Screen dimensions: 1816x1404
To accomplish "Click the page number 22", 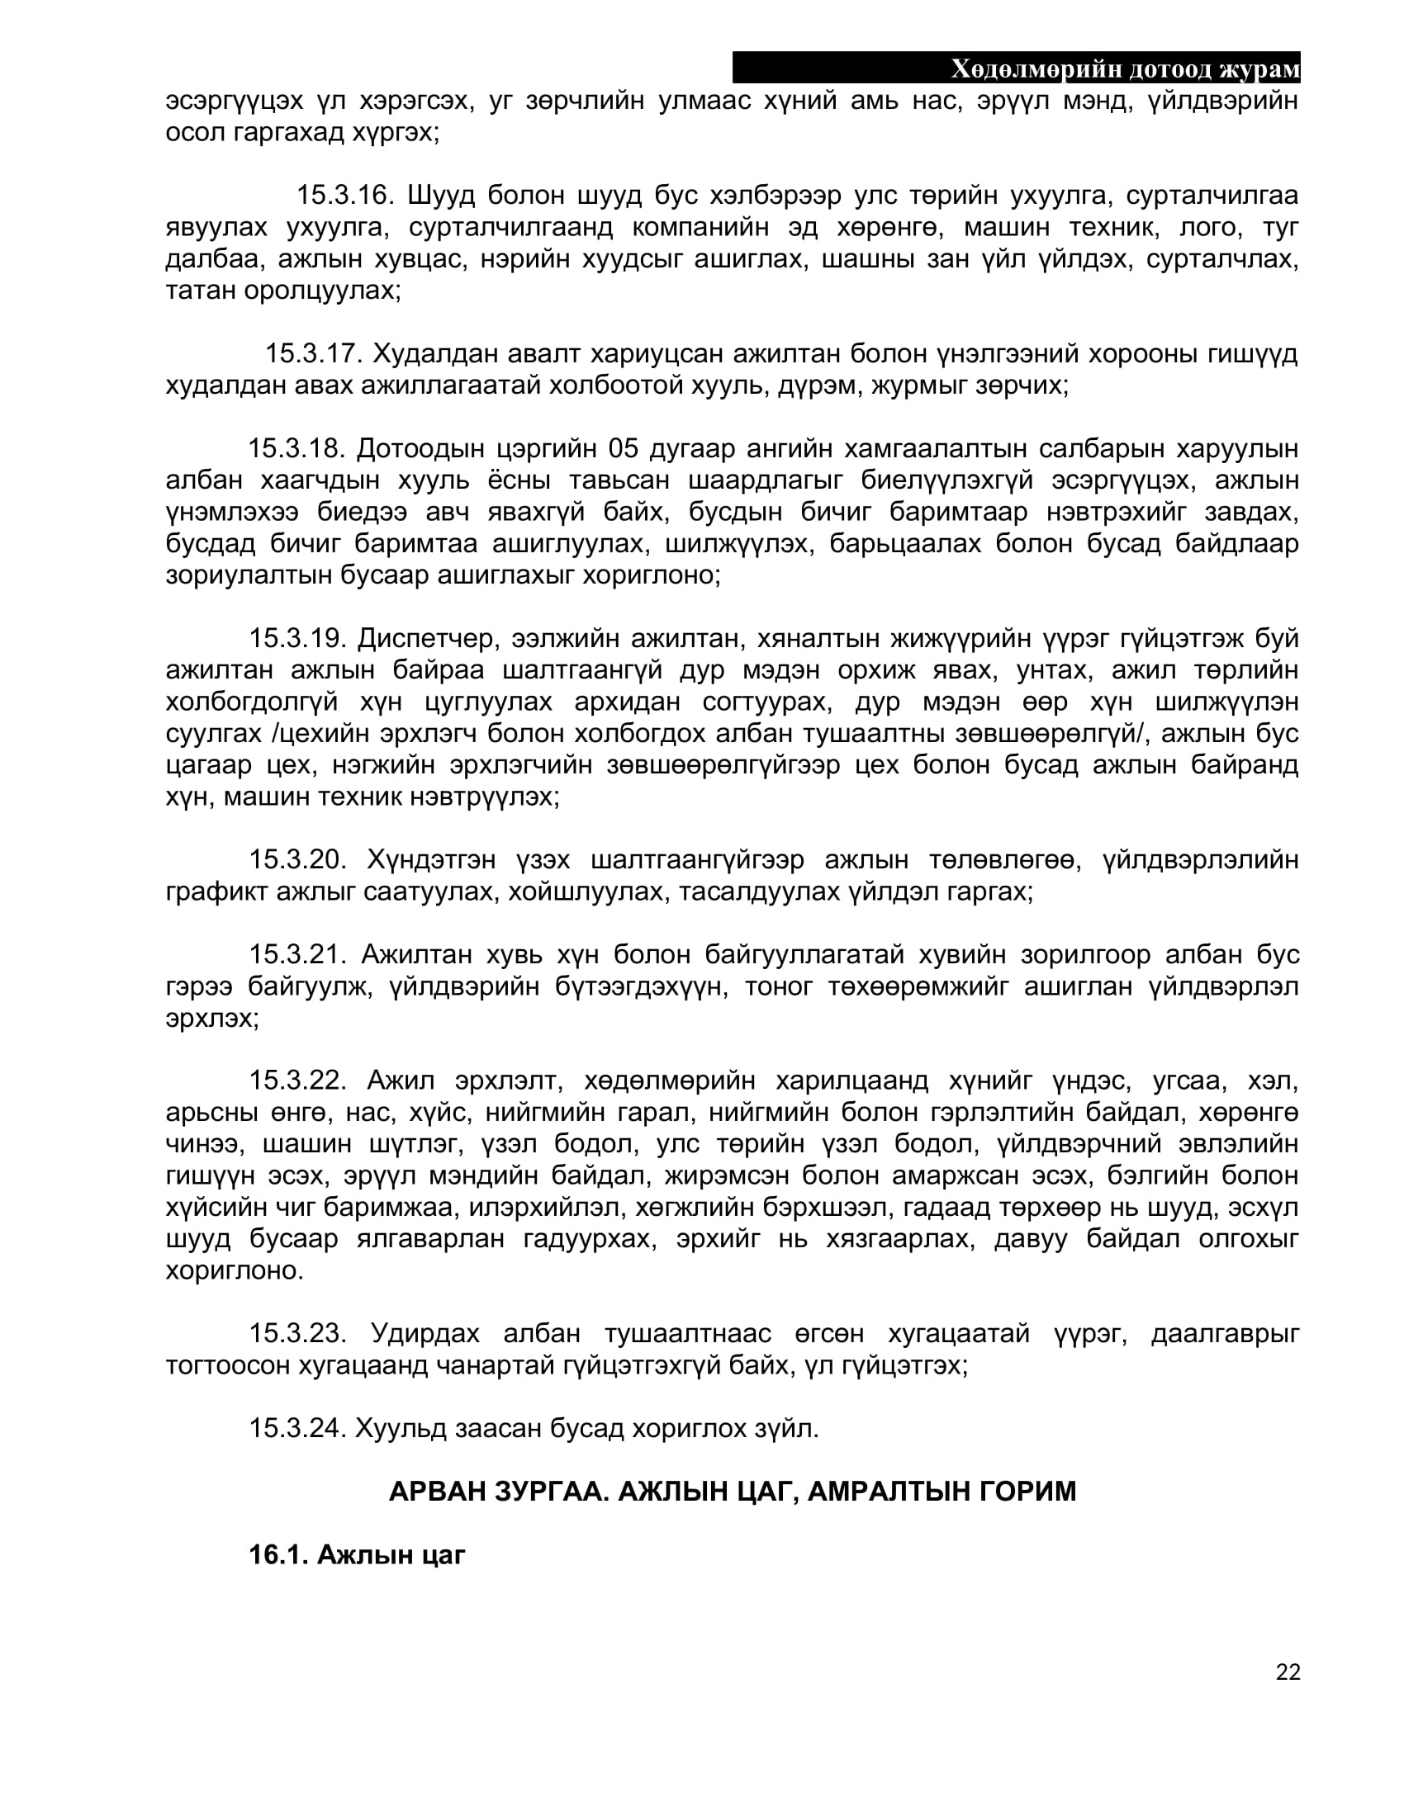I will coord(1288,1672).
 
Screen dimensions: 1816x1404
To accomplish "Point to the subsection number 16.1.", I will coord(278,1555).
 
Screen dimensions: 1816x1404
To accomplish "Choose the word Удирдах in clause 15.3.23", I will coord(425,1334).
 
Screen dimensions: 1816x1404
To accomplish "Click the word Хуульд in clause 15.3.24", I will coord(400,1429).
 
